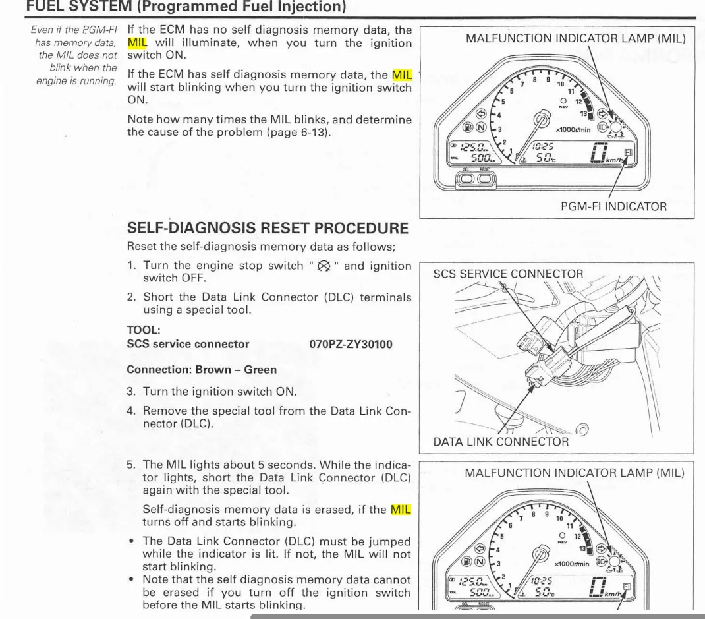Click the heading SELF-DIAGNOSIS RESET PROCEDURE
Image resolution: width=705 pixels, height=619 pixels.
(268, 229)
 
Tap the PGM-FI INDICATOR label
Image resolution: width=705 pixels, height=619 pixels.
(613, 206)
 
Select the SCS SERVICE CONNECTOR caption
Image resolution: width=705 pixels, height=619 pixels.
(508, 274)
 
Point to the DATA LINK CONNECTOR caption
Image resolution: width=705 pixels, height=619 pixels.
(501, 442)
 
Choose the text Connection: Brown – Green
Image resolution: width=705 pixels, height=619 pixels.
(202, 370)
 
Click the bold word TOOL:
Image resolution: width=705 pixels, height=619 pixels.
(143, 329)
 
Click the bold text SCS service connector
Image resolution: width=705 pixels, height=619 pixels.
(188, 344)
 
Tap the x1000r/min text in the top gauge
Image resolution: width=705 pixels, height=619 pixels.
(573, 130)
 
